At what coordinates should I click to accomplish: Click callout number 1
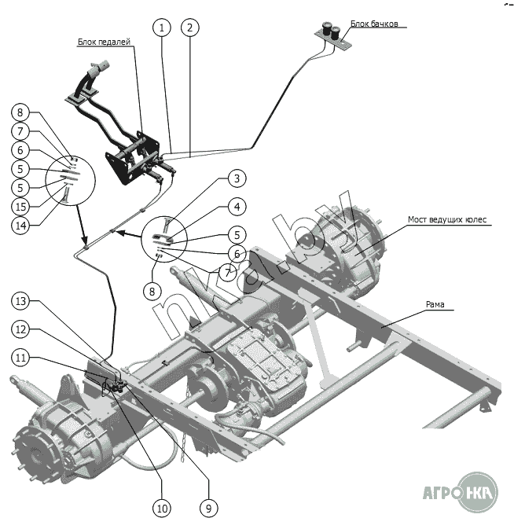coord(162,28)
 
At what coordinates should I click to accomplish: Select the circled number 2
coord(189,28)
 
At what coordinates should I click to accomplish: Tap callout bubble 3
coord(235,178)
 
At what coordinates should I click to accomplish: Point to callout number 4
coord(235,208)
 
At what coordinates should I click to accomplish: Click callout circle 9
coord(208,509)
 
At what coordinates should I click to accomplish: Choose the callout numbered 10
coord(162,509)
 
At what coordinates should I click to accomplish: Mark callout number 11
coord(21,358)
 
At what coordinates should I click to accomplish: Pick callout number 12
coord(21,329)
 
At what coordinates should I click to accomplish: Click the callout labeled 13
coord(21,301)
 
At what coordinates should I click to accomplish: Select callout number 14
coord(21,225)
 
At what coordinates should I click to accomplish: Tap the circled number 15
coord(21,206)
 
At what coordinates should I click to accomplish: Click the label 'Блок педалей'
coord(104,42)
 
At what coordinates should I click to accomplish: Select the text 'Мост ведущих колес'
coord(447,219)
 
